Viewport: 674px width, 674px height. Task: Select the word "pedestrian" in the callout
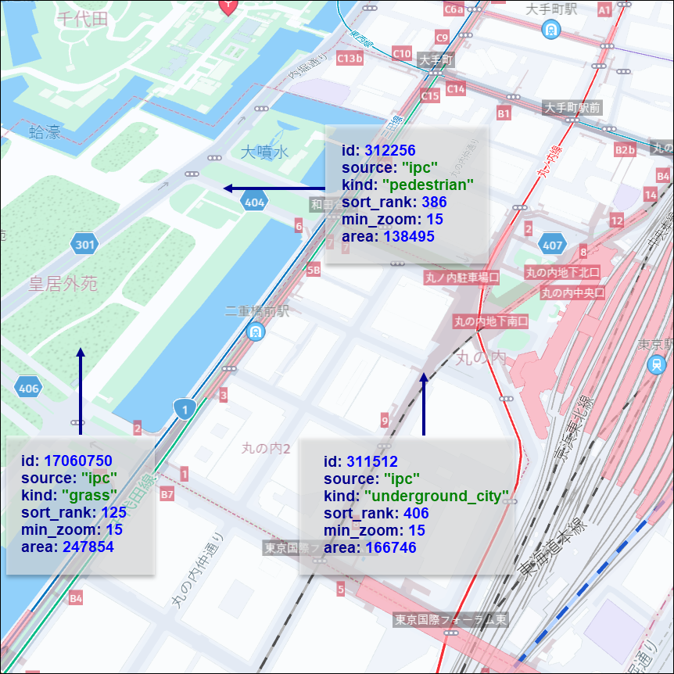click(428, 185)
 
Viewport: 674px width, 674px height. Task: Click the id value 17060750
click(78, 461)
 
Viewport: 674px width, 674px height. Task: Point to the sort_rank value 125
click(113, 512)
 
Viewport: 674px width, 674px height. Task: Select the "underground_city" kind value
click(436, 497)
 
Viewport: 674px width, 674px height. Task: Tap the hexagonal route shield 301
click(84, 246)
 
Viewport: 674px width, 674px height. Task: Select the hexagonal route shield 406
click(28, 388)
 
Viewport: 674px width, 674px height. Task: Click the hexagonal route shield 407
click(552, 246)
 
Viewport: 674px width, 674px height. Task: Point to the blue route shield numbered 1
click(185, 408)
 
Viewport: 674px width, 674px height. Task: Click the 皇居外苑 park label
click(63, 283)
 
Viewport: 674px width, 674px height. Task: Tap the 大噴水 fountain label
click(264, 152)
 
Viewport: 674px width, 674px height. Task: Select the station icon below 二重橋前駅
click(255, 332)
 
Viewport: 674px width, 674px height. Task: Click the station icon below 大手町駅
click(552, 30)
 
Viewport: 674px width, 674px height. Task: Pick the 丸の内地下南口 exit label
click(491, 321)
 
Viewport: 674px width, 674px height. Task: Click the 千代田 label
click(81, 20)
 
